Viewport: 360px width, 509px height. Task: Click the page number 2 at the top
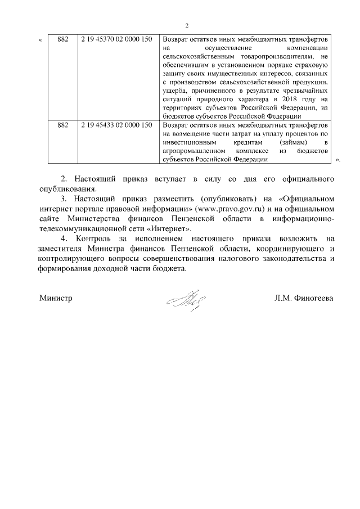click(186, 25)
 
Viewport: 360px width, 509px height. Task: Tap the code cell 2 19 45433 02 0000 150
click(116, 125)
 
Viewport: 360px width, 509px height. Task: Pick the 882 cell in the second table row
click(64, 125)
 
